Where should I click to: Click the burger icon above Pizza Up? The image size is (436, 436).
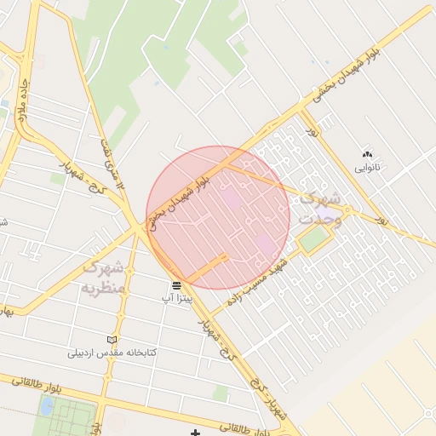coord(175,284)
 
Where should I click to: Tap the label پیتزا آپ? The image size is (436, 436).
coord(178,299)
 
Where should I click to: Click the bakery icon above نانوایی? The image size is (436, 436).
coord(367,154)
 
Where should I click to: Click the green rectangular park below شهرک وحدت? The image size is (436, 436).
coord(314,239)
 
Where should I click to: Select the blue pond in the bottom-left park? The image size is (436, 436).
coord(45,406)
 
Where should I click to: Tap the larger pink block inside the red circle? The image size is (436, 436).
coord(232,201)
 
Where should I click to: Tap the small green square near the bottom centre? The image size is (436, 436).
coord(221,393)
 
